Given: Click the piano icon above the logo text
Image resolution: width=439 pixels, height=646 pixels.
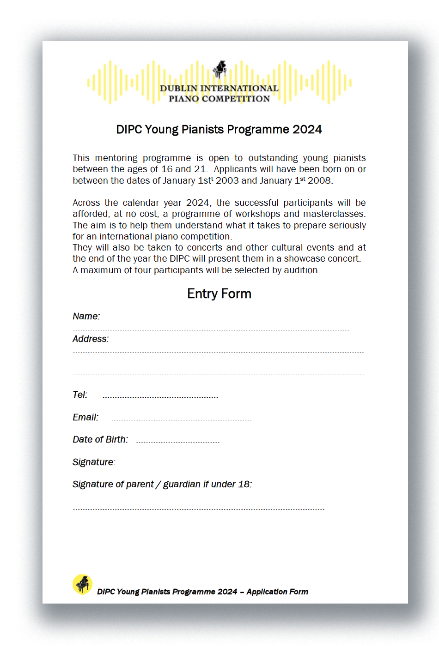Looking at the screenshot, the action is [x=219, y=69].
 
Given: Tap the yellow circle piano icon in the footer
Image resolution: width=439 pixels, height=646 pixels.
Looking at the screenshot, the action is [x=82, y=584].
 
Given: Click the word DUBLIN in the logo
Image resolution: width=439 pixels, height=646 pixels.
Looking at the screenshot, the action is [x=178, y=89].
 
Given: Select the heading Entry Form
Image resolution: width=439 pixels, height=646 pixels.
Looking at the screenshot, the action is [x=219, y=294].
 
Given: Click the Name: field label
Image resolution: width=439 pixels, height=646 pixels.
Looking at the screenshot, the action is [x=86, y=317].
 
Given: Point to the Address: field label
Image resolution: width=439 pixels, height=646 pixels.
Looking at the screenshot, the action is [x=91, y=339].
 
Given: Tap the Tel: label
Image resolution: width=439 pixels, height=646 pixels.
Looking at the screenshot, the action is [x=80, y=395].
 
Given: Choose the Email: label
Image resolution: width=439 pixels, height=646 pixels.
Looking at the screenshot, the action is [x=85, y=418].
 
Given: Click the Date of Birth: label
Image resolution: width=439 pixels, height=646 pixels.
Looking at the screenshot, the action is [x=100, y=440].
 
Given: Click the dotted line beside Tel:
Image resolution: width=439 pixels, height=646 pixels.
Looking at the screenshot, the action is [x=160, y=397].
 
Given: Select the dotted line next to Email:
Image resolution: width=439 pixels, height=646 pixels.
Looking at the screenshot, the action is [x=181, y=420].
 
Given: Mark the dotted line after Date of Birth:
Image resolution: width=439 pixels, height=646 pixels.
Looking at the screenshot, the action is [x=178, y=442].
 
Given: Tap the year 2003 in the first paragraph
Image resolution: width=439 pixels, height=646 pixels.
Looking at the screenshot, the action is [x=227, y=181].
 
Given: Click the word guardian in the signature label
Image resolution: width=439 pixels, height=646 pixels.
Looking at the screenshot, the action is [x=182, y=484].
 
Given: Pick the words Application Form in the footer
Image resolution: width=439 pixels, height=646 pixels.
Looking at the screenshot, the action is [x=277, y=592].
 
